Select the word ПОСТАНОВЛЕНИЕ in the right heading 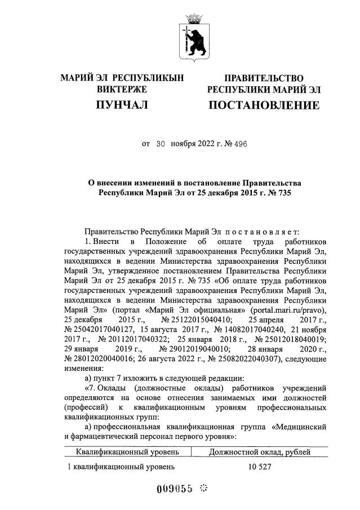(264, 105)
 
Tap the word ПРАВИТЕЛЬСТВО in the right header (264, 78)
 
